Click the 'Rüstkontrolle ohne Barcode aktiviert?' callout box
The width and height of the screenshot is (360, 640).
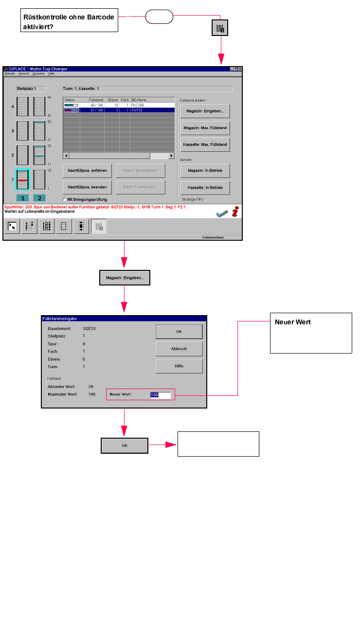70,21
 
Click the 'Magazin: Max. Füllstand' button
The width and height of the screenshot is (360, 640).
205,128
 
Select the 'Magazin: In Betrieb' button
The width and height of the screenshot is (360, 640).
205,171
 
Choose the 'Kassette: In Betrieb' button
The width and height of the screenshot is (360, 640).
205,187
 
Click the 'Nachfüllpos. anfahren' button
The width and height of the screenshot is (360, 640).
88,171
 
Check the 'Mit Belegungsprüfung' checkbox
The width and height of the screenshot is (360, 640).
65,199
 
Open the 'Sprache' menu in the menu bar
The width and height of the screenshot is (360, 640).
38,73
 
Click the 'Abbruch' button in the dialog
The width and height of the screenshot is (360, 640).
179,349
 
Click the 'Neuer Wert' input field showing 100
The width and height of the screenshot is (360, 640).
161,395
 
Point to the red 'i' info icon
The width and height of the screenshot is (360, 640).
235,212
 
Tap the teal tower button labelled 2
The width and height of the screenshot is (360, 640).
39,198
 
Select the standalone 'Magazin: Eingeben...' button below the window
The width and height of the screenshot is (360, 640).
125,278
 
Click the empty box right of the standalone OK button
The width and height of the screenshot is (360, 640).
218,444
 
